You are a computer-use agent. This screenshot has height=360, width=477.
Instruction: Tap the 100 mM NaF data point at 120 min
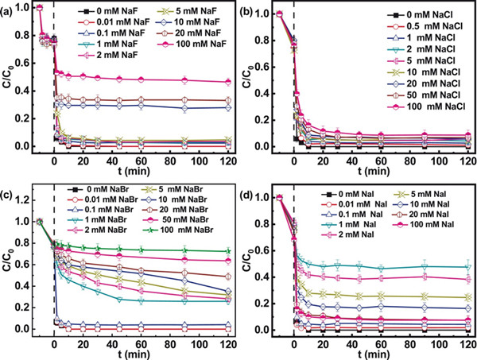point(230,82)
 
